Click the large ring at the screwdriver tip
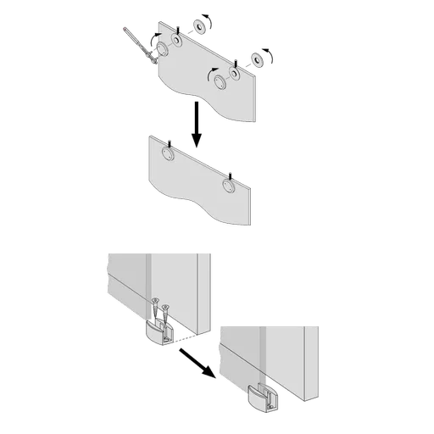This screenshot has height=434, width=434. tap(161, 49)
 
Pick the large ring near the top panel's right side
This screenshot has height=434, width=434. tap(221, 81)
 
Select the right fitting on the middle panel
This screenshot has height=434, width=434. tap(227, 186)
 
